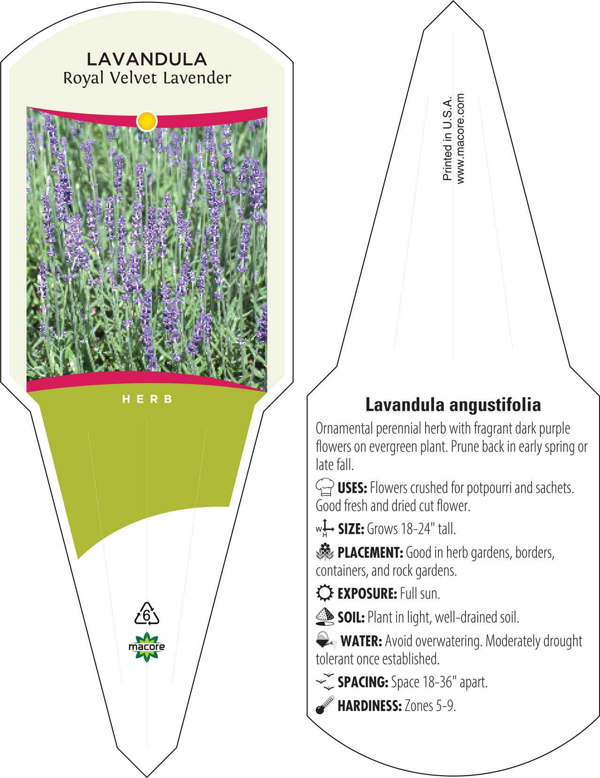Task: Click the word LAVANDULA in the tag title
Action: click(x=147, y=59)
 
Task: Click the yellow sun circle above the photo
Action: click(x=147, y=121)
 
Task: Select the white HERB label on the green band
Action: click(x=148, y=399)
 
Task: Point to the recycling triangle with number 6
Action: click(x=147, y=613)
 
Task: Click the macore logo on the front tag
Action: click(x=147, y=647)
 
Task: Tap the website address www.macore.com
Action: click(x=460, y=139)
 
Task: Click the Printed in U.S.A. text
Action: click(x=447, y=139)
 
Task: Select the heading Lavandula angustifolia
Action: click(x=453, y=405)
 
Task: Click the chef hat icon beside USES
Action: click(x=325, y=486)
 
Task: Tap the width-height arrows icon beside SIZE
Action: click(x=325, y=528)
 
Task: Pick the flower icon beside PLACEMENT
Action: click(x=325, y=552)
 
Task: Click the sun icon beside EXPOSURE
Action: click(x=325, y=593)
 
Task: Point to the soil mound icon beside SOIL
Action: click(x=325, y=617)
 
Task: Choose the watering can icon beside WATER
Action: click(x=326, y=640)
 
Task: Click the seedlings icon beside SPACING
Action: click(x=325, y=681)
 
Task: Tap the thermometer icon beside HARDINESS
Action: click(x=325, y=705)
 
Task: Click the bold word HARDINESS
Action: click(x=370, y=706)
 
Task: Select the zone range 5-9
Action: click(x=445, y=706)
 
